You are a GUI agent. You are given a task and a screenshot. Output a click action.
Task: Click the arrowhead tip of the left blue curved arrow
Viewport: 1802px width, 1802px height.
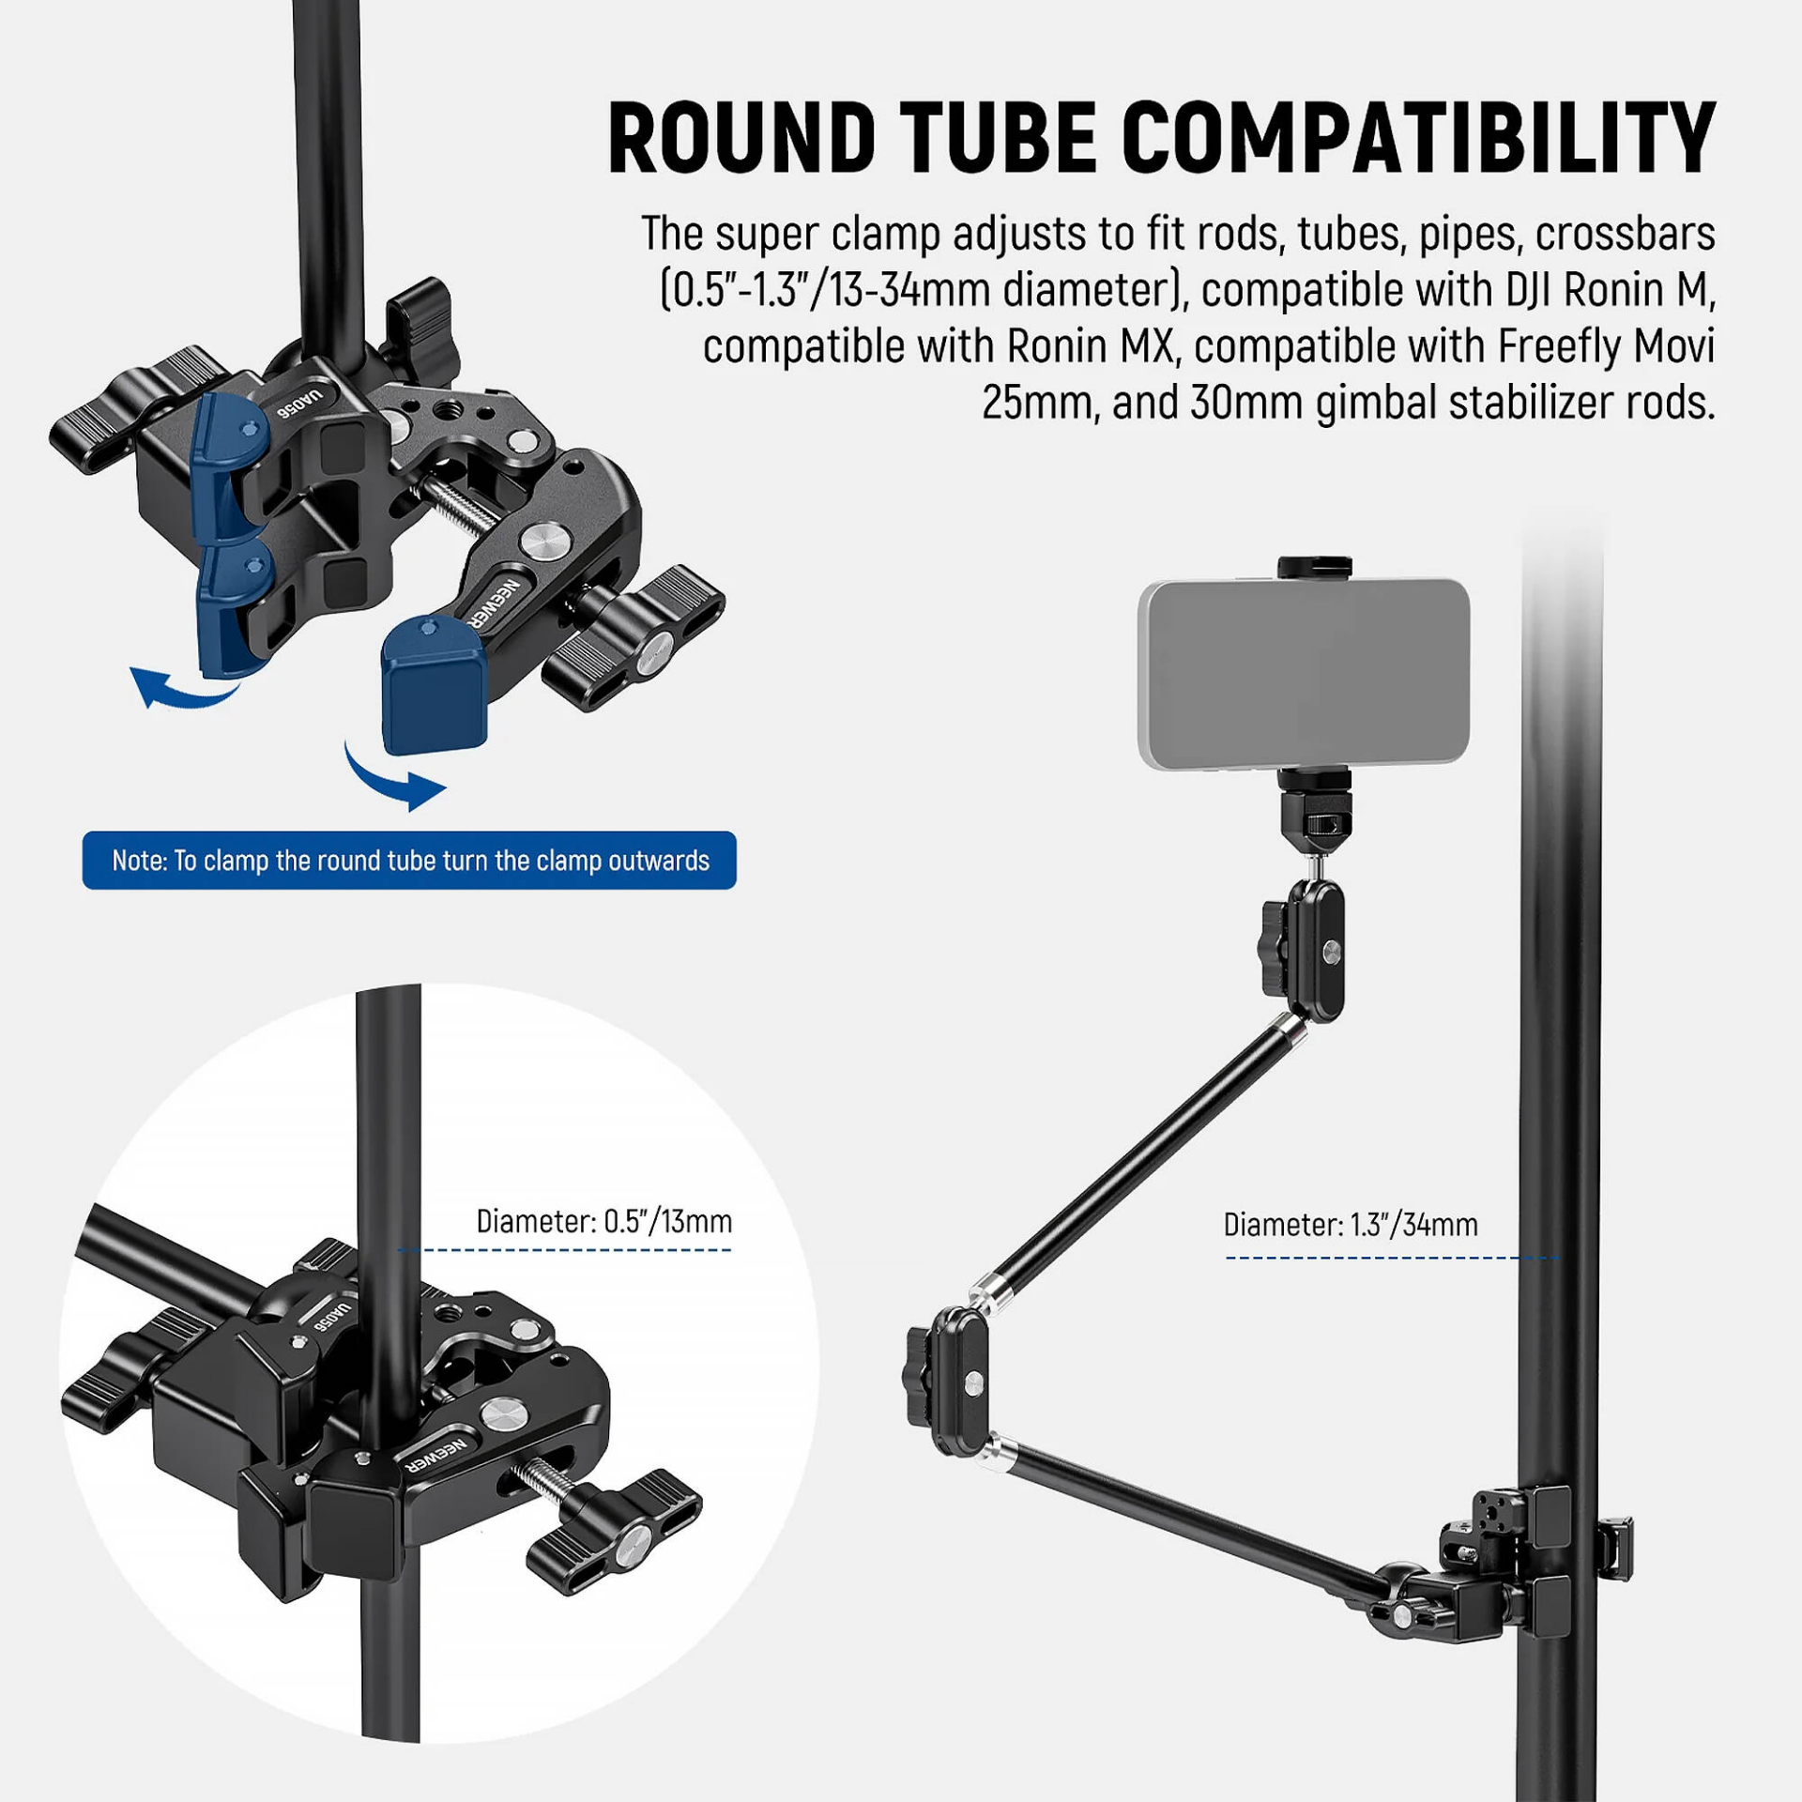point(131,670)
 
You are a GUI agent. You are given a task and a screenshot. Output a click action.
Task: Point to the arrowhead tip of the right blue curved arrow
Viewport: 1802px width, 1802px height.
point(447,788)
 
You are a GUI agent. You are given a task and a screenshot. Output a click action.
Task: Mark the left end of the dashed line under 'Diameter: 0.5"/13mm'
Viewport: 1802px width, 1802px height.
point(399,1250)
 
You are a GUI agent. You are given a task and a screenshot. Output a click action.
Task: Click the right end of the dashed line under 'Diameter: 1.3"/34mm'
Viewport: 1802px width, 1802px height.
point(1560,1258)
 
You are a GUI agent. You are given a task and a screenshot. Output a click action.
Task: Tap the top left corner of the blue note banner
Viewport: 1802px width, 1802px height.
point(83,832)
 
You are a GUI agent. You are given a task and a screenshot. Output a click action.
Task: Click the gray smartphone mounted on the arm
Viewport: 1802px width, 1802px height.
point(1304,675)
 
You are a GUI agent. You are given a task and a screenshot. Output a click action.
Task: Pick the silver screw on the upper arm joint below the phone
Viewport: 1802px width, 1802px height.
point(1331,953)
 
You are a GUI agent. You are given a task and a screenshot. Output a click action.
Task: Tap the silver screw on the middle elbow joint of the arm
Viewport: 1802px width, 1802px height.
point(974,1381)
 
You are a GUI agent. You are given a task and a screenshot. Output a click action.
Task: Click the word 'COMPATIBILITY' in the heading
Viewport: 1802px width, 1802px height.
point(1418,138)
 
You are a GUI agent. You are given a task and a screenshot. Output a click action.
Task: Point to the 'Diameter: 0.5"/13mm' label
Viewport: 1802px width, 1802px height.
point(604,1221)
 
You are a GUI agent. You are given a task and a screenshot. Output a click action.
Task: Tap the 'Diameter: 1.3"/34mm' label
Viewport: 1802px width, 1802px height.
point(1351,1225)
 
